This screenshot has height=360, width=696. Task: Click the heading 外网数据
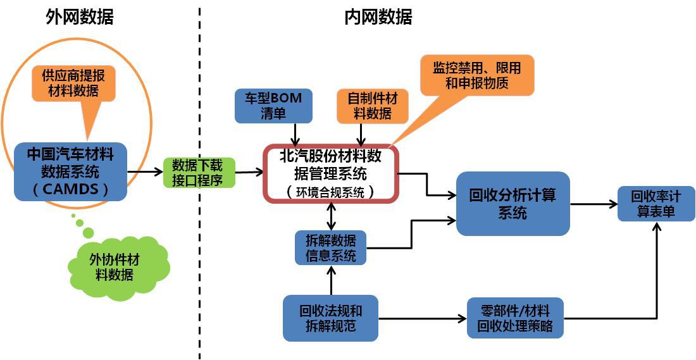click(x=80, y=17)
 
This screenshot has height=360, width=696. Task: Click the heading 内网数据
click(x=378, y=17)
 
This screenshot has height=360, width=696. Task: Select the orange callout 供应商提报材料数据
click(x=74, y=83)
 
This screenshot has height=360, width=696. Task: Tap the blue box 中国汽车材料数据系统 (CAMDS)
click(x=70, y=171)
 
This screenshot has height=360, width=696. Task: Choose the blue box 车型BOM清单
click(x=273, y=106)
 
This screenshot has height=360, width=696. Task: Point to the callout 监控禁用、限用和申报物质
click(x=476, y=75)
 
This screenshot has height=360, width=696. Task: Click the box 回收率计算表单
click(x=656, y=204)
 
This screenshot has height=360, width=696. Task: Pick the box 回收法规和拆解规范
click(x=330, y=318)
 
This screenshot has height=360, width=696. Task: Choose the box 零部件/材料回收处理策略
click(x=514, y=318)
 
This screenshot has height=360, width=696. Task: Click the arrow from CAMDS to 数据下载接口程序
click(x=146, y=171)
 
